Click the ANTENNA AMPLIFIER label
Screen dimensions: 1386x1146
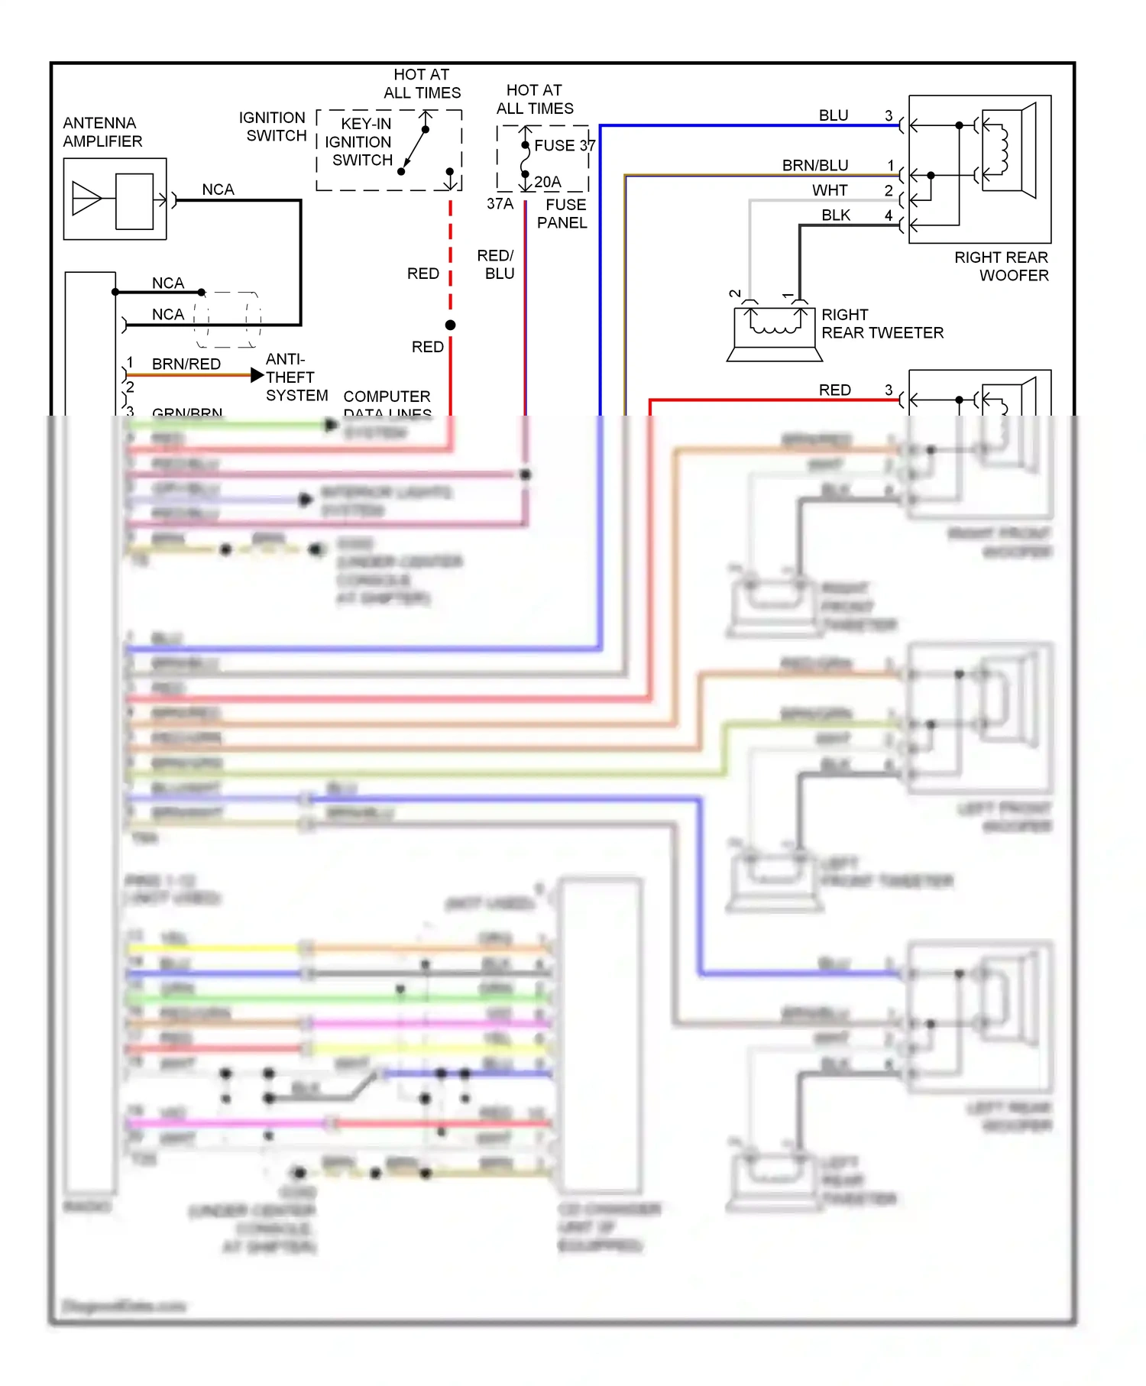click(x=102, y=132)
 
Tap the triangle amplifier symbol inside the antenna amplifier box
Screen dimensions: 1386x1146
click(x=86, y=199)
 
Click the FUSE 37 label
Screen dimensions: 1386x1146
click(x=565, y=145)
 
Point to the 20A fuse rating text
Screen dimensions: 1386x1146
click(x=548, y=182)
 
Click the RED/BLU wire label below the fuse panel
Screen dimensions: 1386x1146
click(x=497, y=264)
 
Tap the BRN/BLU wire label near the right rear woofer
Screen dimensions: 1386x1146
click(x=815, y=166)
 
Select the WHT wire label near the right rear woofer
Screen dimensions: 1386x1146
click(x=830, y=190)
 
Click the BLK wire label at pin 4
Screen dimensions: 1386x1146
click(x=836, y=215)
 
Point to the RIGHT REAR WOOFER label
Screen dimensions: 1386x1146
click(x=1002, y=266)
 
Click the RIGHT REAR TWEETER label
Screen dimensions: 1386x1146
click(x=882, y=324)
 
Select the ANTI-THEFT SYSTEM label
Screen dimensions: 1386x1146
click(x=296, y=377)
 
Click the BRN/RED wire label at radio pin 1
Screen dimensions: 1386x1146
click(x=186, y=364)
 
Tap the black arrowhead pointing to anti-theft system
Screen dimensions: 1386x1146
click(x=257, y=375)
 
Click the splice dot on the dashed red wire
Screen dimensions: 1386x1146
click(x=451, y=325)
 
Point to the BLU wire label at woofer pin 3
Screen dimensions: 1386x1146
click(x=834, y=115)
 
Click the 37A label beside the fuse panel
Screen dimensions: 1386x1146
click(x=500, y=204)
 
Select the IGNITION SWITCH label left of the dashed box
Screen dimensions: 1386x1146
click(x=273, y=127)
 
